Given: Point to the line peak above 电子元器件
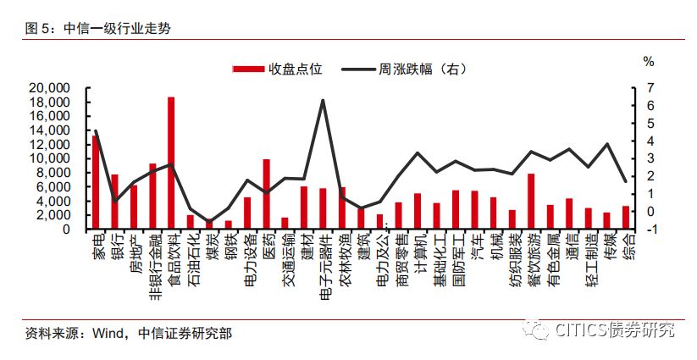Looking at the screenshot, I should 323,100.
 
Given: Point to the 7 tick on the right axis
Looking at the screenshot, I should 648,88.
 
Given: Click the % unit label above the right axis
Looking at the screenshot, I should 649,61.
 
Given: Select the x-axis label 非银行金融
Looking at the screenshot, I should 153,263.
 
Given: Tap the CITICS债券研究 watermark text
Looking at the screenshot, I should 615,330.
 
